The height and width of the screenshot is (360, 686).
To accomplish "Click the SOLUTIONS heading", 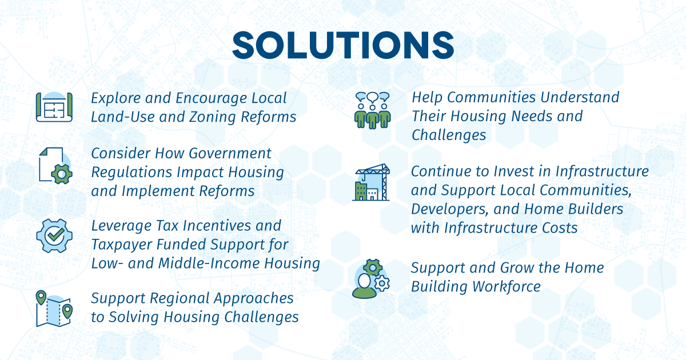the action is [343, 45].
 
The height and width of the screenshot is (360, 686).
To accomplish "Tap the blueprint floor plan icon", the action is [54, 107].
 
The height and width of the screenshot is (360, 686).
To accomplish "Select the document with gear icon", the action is [55, 166].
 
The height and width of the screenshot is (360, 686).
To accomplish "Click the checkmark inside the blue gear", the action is [54, 235].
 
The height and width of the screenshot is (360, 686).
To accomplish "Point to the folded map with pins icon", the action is [54, 308].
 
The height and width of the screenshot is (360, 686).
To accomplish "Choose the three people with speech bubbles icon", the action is [372, 110].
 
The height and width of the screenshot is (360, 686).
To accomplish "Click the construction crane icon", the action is [371, 182].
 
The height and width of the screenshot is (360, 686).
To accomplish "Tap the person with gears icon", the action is [371, 279].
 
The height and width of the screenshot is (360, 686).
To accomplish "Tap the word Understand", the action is [580, 97].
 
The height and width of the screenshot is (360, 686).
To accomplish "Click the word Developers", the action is [449, 210].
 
